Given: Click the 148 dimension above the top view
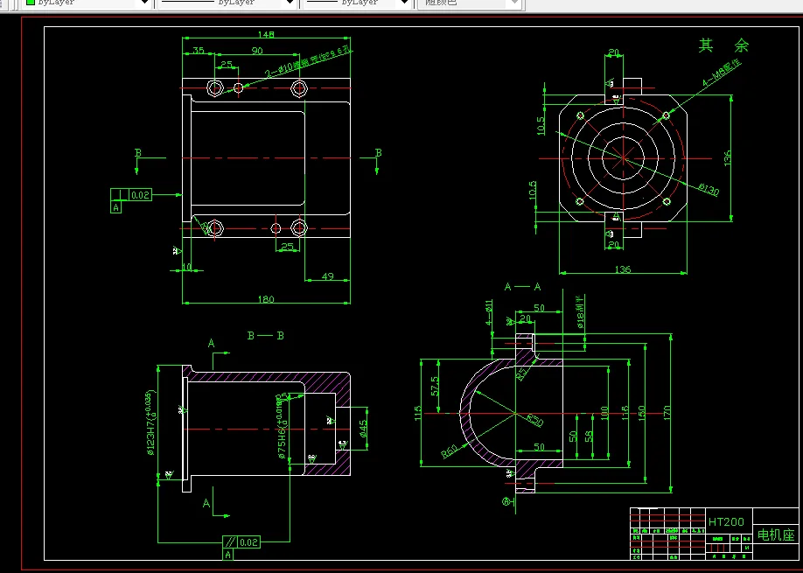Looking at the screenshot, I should [267, 35].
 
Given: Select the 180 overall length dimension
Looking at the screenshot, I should [267, 299].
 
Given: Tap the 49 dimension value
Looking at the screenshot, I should [328, 276].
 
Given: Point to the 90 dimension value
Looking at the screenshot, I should [257, 51].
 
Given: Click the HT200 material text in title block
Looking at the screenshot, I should [726, 521].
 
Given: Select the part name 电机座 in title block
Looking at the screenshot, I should [775, 535].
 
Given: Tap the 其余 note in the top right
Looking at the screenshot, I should [723, 45].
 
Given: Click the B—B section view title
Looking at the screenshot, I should [266, 335].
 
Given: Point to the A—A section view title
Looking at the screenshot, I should [522, 286].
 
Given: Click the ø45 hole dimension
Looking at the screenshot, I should [362, 427].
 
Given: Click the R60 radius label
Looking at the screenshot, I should [450, 452].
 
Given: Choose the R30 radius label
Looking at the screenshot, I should [534, 421].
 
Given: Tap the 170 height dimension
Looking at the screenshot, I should [667, 411].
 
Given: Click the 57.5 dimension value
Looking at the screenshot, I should [436, 383].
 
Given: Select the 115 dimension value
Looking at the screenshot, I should [418, 411].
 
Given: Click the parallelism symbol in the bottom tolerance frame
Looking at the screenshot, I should [229, 542].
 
